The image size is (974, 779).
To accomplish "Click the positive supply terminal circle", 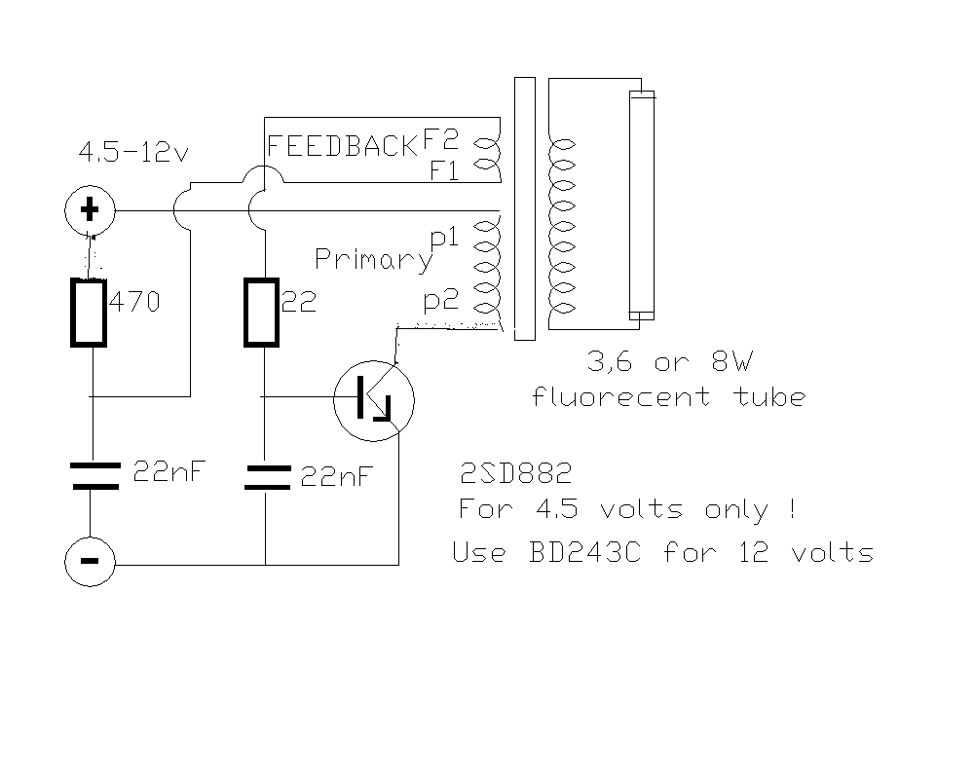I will (89, 210).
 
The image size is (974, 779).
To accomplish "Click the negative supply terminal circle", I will (89, 563).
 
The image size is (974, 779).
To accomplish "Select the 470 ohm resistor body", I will (89, 312).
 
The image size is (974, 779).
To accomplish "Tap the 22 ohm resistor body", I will (263, 312).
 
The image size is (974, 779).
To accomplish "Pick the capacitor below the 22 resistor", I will (265, 476).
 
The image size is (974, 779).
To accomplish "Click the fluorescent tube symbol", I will (642, 204).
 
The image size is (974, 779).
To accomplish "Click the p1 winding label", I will (444, 237).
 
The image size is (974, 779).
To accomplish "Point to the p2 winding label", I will (440, 301).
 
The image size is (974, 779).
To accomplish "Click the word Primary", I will (372, 259).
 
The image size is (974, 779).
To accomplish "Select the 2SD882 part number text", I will (515, 475).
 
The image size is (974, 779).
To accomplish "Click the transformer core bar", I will (524, 209).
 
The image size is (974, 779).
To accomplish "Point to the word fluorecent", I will (621, 397).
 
